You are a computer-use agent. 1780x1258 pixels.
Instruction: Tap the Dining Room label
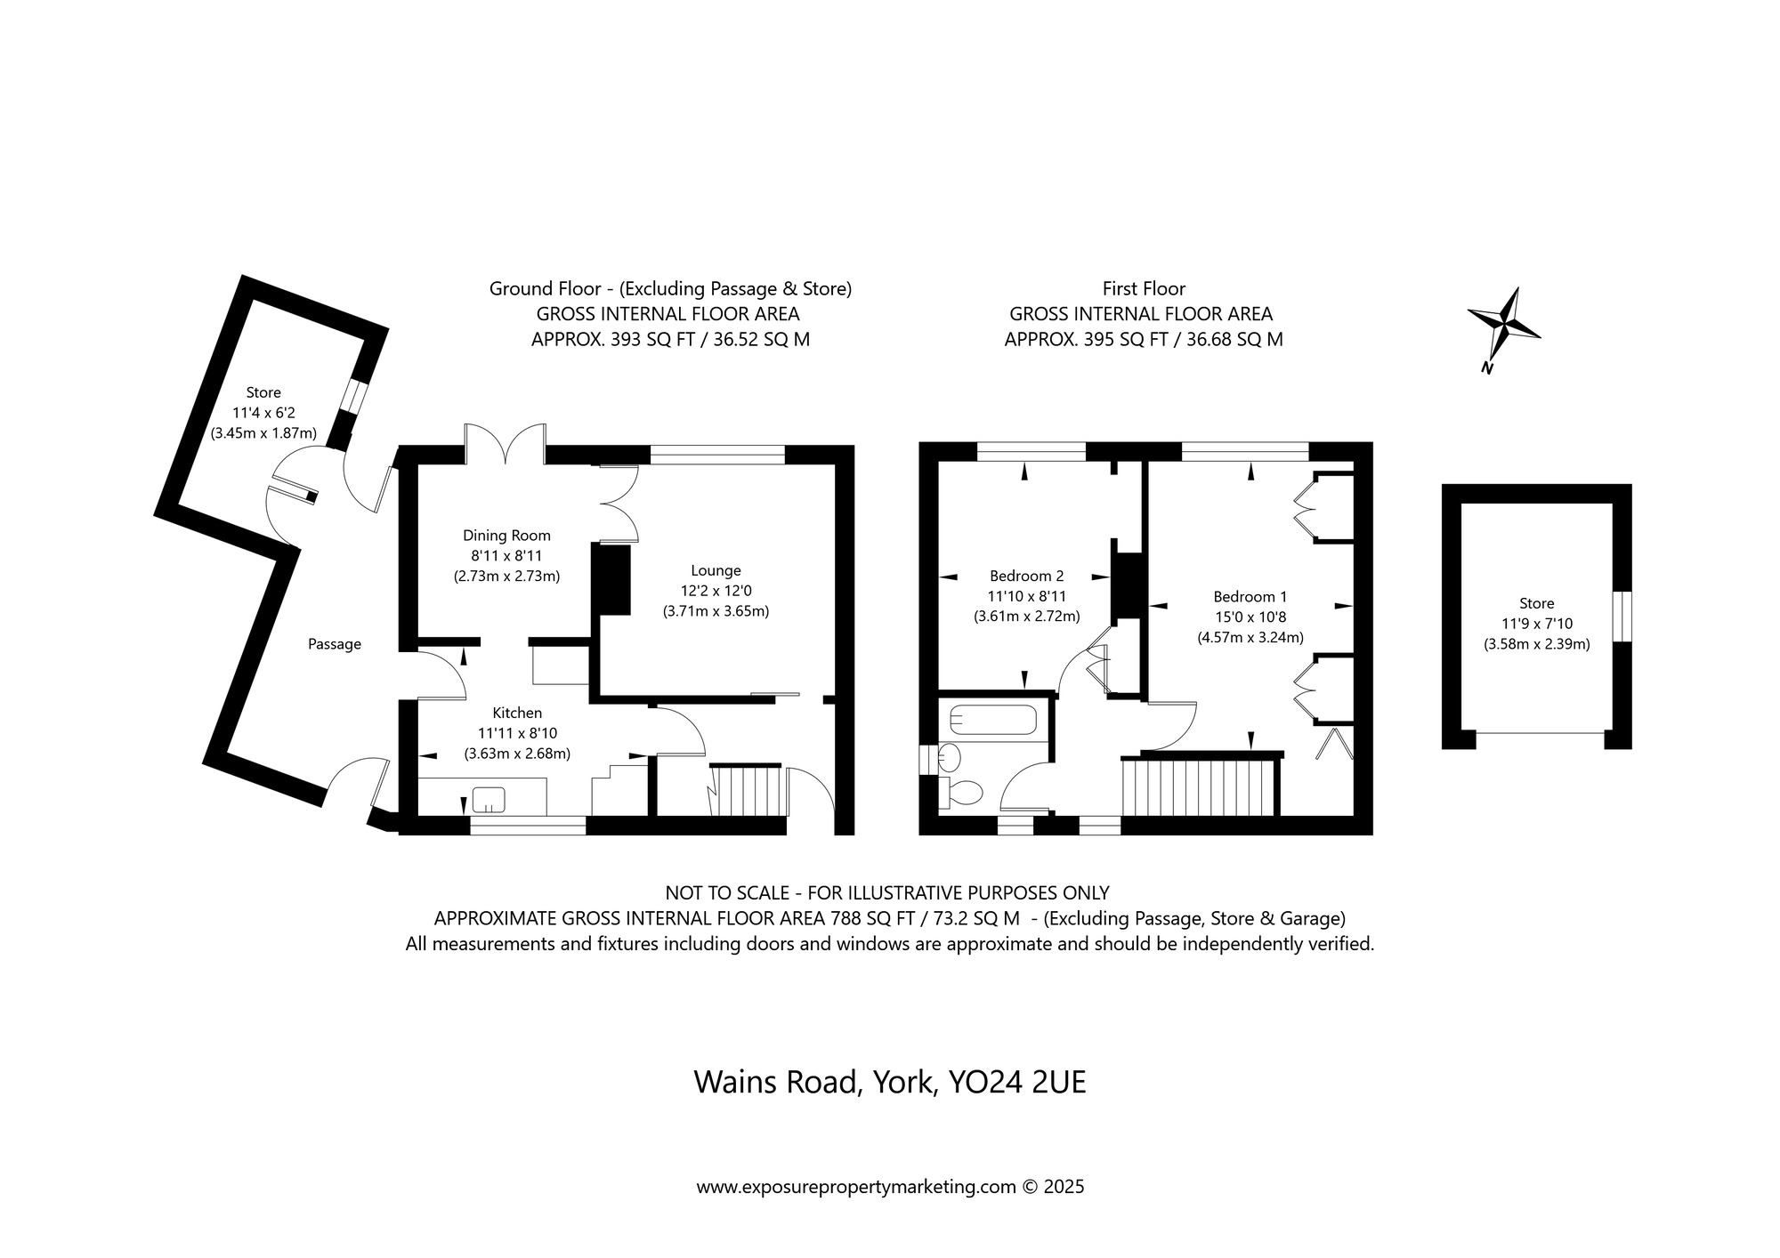coord(506,536)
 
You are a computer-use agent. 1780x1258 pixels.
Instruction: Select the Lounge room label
coord(716,570)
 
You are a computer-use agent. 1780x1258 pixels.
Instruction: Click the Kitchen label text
coord(517,713)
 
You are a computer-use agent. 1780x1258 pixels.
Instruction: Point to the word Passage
coord(335,644)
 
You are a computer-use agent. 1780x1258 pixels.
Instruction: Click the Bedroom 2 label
coord(1026,576)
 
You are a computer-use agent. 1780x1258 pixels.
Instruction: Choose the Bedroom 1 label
coord(1250,597)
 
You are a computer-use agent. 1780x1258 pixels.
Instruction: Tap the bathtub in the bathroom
coord(993,720)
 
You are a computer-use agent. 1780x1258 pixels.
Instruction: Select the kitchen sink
coord(489,799)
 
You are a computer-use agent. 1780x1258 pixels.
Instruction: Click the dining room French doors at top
coord(505,443)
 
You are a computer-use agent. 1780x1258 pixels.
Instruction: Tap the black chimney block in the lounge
coord(611,579)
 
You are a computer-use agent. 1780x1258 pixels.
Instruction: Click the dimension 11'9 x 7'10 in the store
coord(1536,624)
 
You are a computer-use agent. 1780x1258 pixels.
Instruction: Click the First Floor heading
coord(1143,288)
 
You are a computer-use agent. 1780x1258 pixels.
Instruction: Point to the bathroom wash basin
coord(949,758)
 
